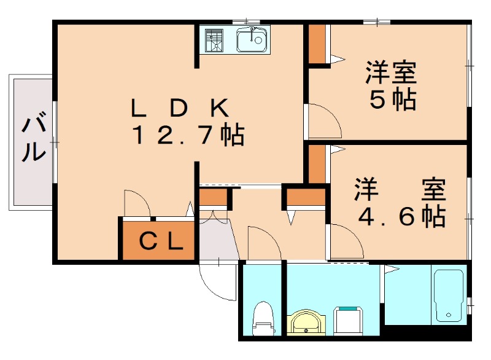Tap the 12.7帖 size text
pyautogui.click(x=188, y=135)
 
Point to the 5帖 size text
pyautogui.click(x=392, y=100)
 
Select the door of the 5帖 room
pyautogui.click(x=323, y=120)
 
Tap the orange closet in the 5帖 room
pyautogui.click(x=317, y=44)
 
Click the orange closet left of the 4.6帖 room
pyautogui.click(x=316, y=163)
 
